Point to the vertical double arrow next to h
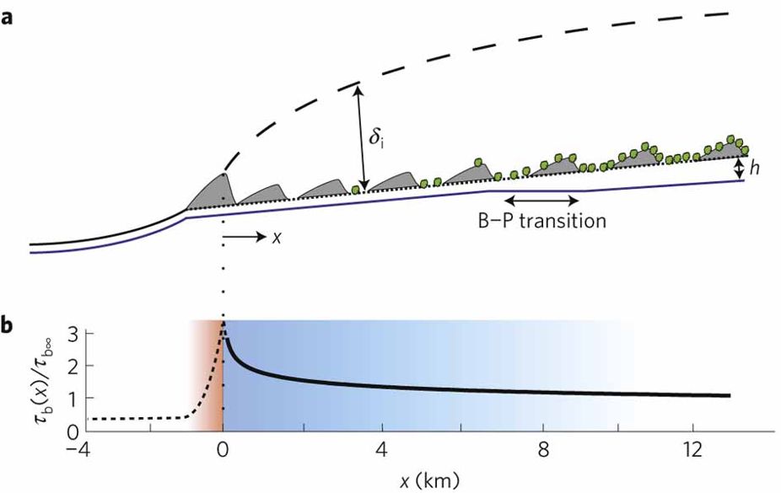tap(740, 168)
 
